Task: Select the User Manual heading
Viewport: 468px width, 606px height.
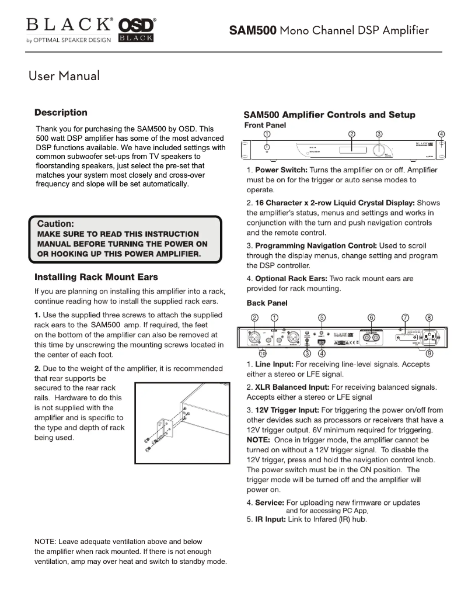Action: coord(64,75)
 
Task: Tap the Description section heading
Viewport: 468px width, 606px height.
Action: coord(61,113)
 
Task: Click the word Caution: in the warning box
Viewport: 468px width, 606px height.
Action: coord(55,224)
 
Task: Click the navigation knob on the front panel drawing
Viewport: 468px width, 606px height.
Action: coord(380,150)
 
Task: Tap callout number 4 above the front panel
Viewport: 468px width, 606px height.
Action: coord(442,134)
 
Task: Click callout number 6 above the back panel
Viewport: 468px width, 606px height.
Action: coord(372,317)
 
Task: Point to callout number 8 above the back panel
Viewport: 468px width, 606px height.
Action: coord(429,317)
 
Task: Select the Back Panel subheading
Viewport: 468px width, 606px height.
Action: coord(267,303)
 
